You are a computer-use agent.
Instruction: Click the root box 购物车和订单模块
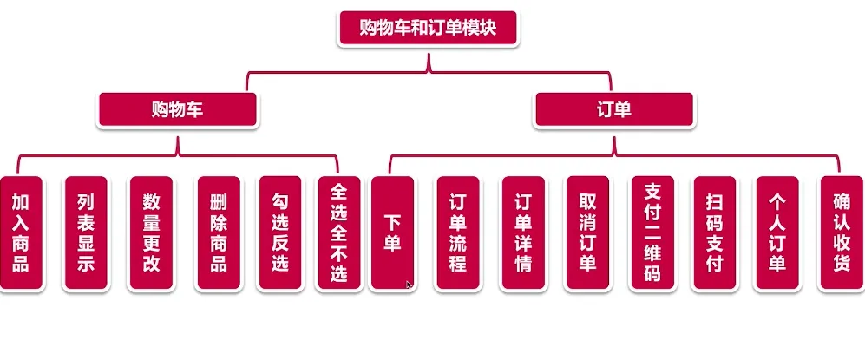pyautogui.click(x=428, y=29)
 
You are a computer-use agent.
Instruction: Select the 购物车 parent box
pyautogui.click(x=178, y=109)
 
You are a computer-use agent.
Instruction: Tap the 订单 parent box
pyautogui.click(x=613, y=109)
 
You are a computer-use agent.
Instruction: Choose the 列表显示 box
pyautogui.click(x=85, y=233)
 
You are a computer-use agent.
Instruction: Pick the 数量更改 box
pyautogui.click(x=151, y=233)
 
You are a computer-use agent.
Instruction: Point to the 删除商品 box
pyautogui.click(x=219, y=233)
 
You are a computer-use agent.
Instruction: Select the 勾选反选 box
pyautogui.click(x=279, y=233)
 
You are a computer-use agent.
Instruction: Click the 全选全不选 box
pyautogui.click(x=338, y=233)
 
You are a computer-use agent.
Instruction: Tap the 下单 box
pyautogui.click(x=391, y=233)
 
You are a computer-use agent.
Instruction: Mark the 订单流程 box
pyautogui.click(x=457, y=233)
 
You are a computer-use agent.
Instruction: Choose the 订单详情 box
pyautogui.click(x=523, y=233)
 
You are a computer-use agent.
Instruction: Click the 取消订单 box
pyautogui.click(x=587, y=233)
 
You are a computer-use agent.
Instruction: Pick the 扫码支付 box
pyautogui.click(x=714, y=233)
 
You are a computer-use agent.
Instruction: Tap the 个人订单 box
pyautogui.click(x=777, y=233)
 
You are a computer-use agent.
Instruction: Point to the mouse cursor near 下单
pyautogui.click(x=409, y=283)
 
